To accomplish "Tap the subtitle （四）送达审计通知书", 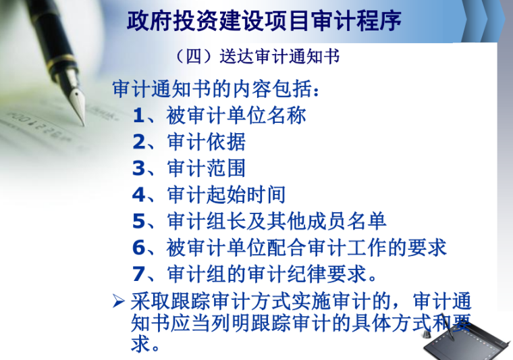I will point(256,56).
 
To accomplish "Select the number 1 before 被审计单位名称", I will point(138,115).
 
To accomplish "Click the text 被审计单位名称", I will point(236,115).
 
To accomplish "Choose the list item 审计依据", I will point(206,142).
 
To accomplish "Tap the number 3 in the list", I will point(138,168).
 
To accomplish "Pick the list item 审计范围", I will point(206,168).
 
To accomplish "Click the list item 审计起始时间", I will point(226,195).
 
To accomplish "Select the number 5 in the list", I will point(138,221).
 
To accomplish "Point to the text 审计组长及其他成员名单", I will point(277,221).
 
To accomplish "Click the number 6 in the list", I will point(138,247).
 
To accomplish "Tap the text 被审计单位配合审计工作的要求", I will point(307,247).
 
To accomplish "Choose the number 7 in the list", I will point(138,274).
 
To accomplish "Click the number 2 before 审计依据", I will point(138,142).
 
